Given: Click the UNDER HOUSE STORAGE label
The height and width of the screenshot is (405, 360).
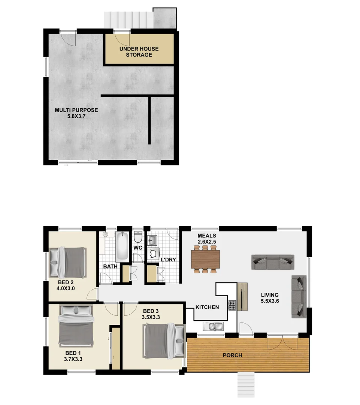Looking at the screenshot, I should pos(139,52).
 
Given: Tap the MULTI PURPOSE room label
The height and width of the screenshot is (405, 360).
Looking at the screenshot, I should pos(76,113).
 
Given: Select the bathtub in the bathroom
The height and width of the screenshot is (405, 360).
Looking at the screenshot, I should pos(122,247).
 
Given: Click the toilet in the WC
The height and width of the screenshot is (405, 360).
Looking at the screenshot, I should pos(137,237).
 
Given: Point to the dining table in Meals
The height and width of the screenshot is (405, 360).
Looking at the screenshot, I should pos(205,259).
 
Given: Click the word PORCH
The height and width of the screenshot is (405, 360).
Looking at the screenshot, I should pos(232,355).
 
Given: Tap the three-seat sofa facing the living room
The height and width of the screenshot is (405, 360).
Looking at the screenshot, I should pos(273,262).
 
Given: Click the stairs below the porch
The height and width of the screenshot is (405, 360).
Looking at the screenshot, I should pos(246,385).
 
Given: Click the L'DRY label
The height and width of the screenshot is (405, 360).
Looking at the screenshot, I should pos(168,259).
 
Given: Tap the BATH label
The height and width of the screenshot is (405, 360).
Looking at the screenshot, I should pos(111,267).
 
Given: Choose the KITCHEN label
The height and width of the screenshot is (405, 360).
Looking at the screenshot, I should pos(207,307).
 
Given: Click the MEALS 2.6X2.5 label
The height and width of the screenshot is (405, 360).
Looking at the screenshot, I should pos(207,238).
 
